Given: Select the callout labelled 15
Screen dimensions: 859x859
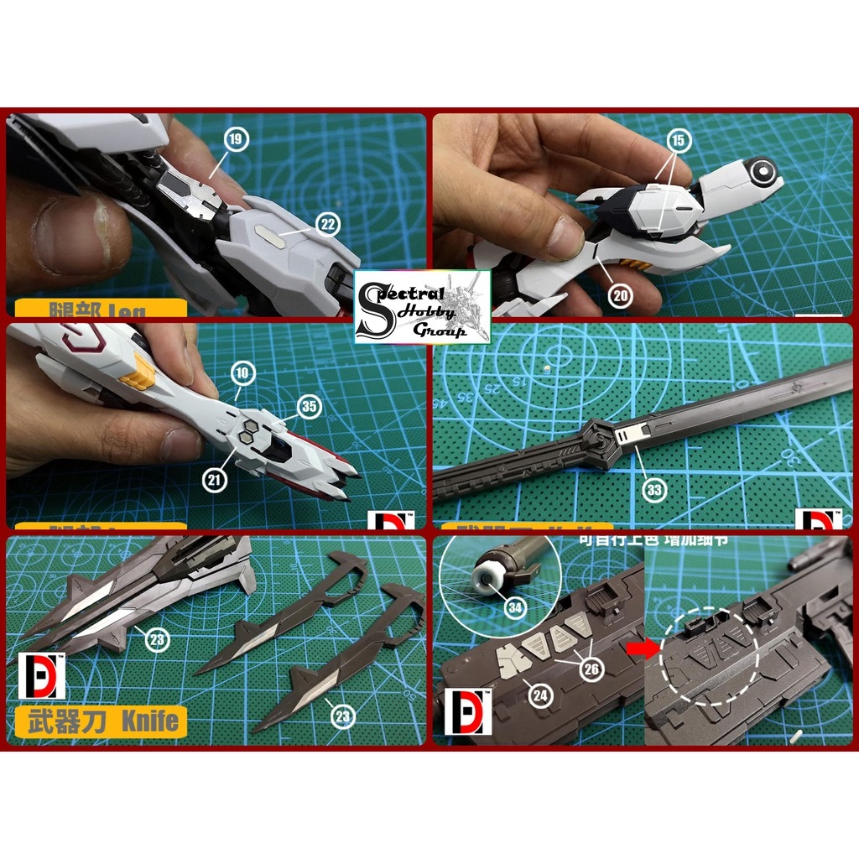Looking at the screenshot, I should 679,139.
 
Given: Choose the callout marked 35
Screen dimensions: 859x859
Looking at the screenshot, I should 310,407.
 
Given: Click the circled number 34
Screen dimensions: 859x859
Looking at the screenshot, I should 517,608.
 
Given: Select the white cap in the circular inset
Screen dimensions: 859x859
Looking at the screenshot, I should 487,579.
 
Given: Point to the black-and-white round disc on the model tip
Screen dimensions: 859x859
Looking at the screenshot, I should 762,173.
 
